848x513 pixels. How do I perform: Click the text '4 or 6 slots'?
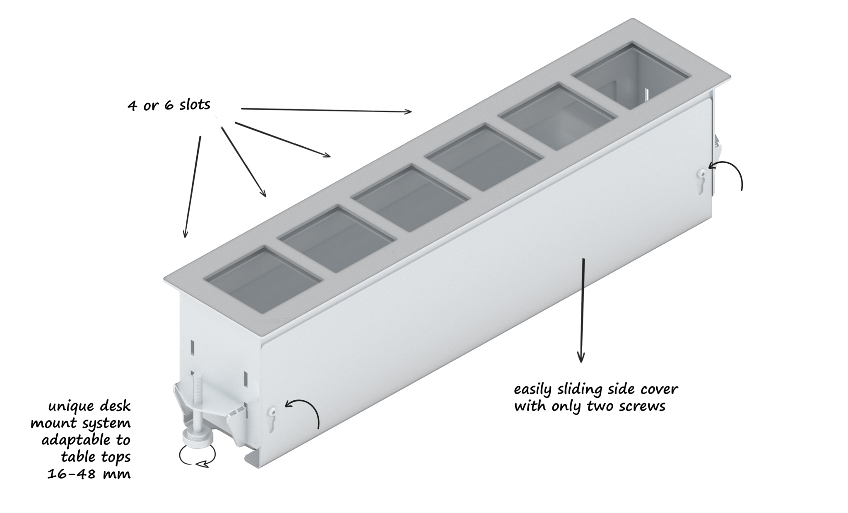click(169, 104)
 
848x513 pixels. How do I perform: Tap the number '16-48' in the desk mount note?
click(72, 473)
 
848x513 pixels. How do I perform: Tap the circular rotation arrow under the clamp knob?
click(198, 456)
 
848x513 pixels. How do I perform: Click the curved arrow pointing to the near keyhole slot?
click(308, 407)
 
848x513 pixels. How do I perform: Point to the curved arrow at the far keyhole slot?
click(732, 168)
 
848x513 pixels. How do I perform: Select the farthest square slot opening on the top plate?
click(631, 75)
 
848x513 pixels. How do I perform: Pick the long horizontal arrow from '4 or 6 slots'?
click(326, 110)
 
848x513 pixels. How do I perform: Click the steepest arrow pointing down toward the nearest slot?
click(193, 187)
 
